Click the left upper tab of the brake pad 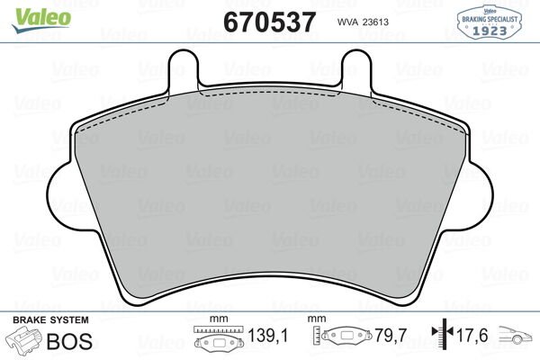[184, 68]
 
